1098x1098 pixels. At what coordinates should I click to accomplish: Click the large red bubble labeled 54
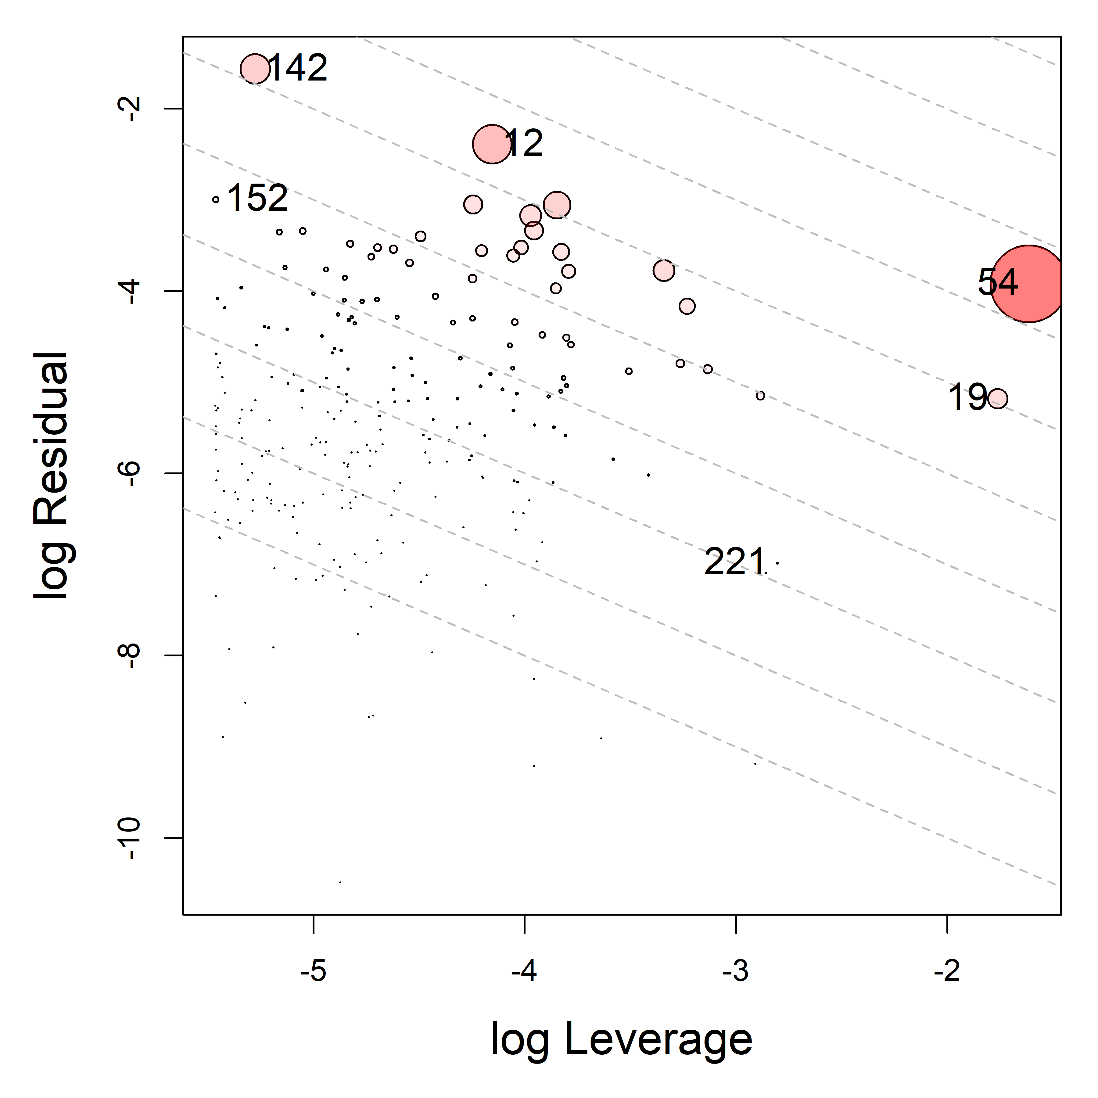(1028, 284)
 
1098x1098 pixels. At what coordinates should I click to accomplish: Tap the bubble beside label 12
(492, 144)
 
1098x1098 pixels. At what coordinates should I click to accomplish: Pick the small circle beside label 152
(215, 199)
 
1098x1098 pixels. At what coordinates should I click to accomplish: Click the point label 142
(297, 68)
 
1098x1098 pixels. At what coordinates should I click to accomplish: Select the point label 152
(257, 198)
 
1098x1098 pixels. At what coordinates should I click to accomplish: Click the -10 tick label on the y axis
(131, 838)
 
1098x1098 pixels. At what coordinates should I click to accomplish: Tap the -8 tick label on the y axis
(131, 655)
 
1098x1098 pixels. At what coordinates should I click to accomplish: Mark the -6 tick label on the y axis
(131, 473)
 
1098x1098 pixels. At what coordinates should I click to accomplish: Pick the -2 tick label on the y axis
(131, 108)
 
